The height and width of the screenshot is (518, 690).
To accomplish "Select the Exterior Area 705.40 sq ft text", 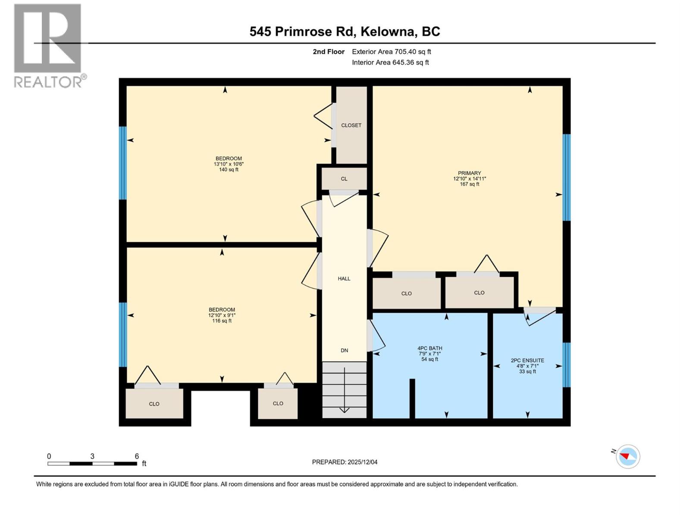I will [x=391, y=52].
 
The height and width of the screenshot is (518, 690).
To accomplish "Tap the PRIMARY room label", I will [x=469, y=173].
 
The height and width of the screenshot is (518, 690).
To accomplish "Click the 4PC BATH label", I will [x=430, y=348].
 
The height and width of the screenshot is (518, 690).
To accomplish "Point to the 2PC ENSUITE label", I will [x=527, y=360].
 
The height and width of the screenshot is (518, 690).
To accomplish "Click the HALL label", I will [x=344, y=279].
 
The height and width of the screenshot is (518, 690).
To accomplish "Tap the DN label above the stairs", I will [x=344, y=351].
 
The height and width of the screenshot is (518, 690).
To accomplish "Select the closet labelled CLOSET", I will [x=351, y=125].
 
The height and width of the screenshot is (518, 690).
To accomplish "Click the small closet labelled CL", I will [x=344, y=179].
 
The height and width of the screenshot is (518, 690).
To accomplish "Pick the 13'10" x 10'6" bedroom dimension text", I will [x=229, y=164].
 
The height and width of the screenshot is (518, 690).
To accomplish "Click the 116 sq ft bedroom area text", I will [x=222, y=321].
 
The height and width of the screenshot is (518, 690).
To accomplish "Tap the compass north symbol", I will [x=627, y=456].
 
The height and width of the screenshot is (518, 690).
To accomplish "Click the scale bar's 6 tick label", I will [x=137, y=456].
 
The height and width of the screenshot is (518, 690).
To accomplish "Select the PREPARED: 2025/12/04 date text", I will [x=345, y=462].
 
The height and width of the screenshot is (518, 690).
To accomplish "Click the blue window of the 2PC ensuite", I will [x=567, y=365].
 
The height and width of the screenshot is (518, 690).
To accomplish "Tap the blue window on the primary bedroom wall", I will [x=567, y=177].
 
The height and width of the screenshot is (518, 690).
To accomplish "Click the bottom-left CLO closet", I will [x=154, y=404].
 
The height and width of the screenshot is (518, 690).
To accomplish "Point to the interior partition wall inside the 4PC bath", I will [x=412, y=398].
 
